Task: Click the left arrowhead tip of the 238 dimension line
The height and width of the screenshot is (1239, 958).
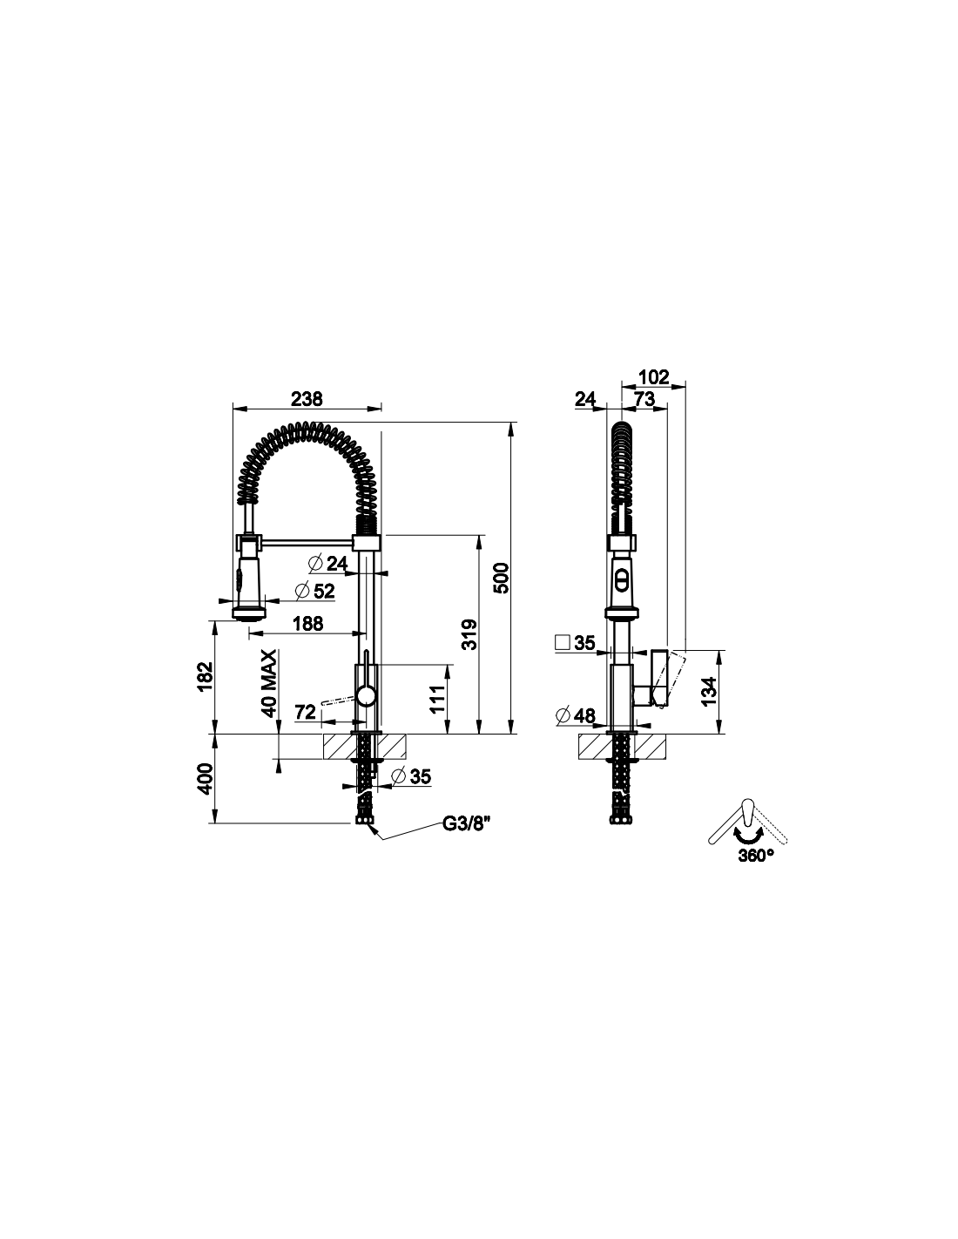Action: tap(233, 409)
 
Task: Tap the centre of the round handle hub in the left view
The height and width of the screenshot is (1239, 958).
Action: tap(365, 696)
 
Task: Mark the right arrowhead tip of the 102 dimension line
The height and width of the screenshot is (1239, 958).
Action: tap(685, 387)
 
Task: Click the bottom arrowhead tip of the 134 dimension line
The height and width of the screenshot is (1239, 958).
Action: tap(719, 734)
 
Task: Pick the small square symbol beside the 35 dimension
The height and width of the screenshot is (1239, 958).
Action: tap(563, 643)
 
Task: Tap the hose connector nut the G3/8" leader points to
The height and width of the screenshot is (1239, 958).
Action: tap(364, 820)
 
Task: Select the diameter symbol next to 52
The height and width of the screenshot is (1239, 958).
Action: tap(302, 591)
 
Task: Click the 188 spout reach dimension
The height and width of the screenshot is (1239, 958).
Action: tap(308, 623)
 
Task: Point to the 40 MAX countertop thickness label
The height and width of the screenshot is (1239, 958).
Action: tap(268, 683)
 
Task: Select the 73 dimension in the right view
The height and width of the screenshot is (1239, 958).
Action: tap(644, 398)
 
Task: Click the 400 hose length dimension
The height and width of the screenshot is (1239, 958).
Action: tap(206, 779)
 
